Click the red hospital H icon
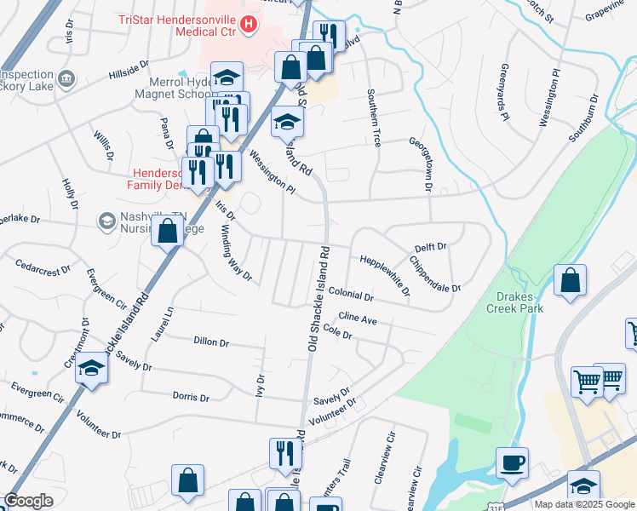point(248,24)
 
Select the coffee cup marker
point(512,463)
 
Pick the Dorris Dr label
point(191,397)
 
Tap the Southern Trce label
point(373,118)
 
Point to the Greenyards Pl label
point(504,90)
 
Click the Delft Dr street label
point(430,247)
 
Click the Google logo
point(28,501)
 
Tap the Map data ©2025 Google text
point(584,504)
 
